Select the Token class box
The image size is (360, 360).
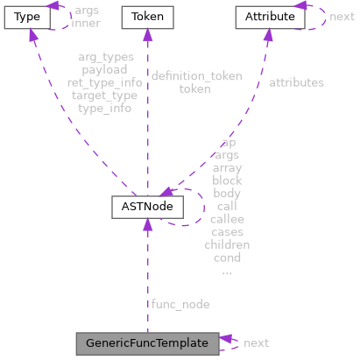pyautogui.click(x=147, y=17)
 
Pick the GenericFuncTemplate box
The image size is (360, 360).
pyautogui.click(x=147, y=342)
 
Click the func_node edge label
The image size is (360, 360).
pyautogui.click(x=180, y=303)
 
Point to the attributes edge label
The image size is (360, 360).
pyautogui.click(x=296, y=82)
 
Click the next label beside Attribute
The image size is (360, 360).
pyautogui.click(x=342, y=17)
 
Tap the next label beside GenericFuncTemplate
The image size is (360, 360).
pyautogui.click(x=256, y=342)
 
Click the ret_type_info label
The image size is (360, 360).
pyautogui.click(x=104, y=82)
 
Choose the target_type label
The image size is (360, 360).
pyautogui.click(x=104, y=95)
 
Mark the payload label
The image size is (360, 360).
pyautogui.click(x=104, y=69)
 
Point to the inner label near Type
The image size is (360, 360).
pyautogui.click(x=85, y=23)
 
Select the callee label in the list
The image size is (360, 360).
pyautogui.click(x=227, y=219)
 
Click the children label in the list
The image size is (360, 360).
pyautogui.click(x=227, y=245)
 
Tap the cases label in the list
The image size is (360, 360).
pyautogui.click(x=227, y=232)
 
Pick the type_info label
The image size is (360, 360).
pyautogui.click(x=104, y=109)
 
